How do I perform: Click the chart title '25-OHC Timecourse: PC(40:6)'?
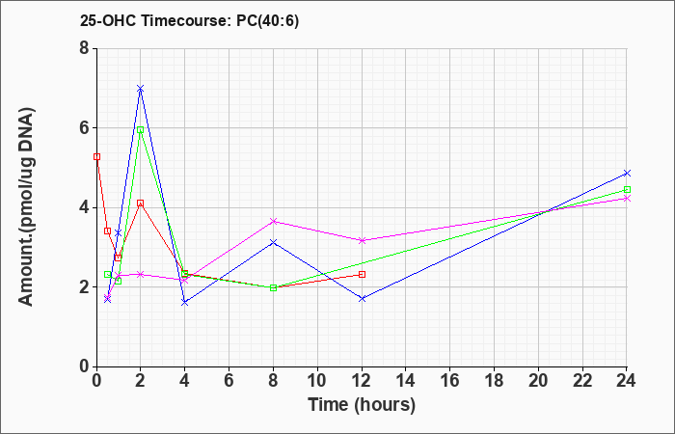[189, 20]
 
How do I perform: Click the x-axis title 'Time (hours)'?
[362, 405]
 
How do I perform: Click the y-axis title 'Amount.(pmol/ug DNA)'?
[27, 207]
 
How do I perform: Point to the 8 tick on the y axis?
[85, 48]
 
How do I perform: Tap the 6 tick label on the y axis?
[85, 128]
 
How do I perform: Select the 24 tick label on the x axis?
[627, 380]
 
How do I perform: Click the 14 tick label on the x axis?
[406, 380]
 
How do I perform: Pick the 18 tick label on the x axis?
[494, 380]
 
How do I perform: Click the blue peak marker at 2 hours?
[141, 89]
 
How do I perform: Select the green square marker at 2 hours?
[141, 129]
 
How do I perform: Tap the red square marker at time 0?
[96, 156]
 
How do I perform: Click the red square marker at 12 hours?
[362, 274]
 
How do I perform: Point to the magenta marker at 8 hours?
[273, 221]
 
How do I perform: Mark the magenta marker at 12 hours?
[362, 240]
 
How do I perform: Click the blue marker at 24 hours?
[627, 173]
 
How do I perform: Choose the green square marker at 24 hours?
[627, 189]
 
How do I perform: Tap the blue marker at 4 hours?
[185, 302]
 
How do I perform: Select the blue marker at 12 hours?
[362, 298]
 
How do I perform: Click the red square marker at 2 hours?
[141, 203]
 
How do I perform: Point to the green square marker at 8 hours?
[273, 287]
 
